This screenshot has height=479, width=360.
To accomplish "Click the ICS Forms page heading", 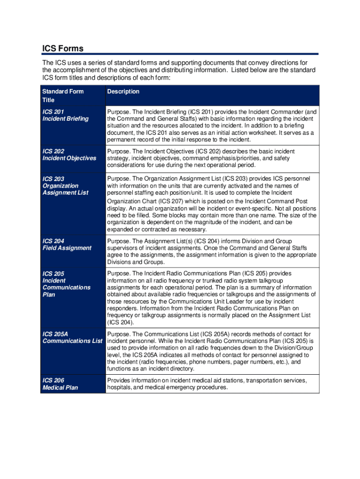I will (63, 48).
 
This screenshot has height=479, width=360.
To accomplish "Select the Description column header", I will (123, 92).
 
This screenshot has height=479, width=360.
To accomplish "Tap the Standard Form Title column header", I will (63, 95).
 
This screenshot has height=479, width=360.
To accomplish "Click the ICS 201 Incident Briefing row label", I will (65, 115).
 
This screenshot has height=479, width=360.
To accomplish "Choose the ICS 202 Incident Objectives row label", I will (69, 154).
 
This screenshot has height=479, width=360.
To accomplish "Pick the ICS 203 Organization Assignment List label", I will (65, 186).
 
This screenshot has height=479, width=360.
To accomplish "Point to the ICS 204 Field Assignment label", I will (67, 245).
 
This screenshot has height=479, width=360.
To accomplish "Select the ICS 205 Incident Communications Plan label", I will (66, 284).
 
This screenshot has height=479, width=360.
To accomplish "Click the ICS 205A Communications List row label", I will (72, 337).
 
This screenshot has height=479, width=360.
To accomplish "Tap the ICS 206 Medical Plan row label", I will (60, 384).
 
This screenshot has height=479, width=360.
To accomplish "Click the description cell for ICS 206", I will (207, 384).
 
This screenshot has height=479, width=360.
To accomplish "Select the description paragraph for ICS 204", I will (211, 252).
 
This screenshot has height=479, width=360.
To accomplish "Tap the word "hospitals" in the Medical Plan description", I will (120, 388).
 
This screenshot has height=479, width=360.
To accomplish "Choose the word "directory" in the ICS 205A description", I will (180, 369).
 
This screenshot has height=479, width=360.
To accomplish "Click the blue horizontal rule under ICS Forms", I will (180, 54).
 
